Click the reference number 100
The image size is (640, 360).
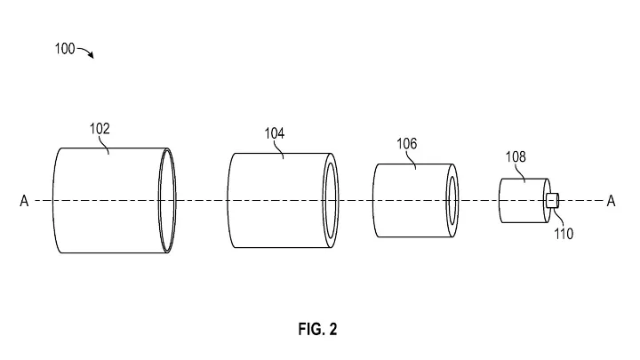pos(65,49)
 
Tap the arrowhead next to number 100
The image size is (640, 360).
pos(91,55)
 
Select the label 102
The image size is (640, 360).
pos(100,129)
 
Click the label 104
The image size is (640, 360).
pos(275,133)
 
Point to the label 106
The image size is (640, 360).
pos(407,144)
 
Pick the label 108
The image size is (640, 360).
pos(516,156)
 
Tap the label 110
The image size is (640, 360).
pos(564,234)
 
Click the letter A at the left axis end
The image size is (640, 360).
pos(24,201)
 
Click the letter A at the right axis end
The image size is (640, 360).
pos(611,201)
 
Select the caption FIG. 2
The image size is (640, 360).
pos(317,329)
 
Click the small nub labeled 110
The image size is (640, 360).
pos(552,200)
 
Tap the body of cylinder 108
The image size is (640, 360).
pos(523,200)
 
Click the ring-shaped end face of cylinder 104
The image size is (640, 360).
pos(325,200)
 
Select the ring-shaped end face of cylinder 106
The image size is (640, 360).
pos(448,200)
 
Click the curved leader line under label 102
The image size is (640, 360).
pos(105,145)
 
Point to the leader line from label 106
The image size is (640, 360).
pos(412,160)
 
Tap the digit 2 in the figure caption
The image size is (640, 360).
pos(332,329)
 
